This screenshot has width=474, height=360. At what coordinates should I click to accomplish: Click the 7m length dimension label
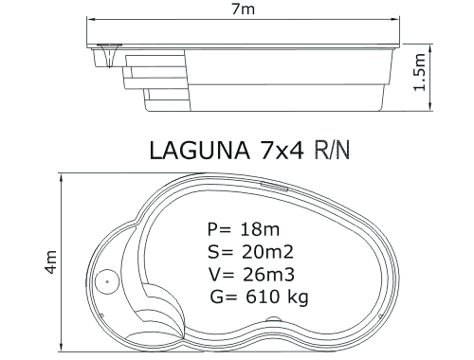(244, 9)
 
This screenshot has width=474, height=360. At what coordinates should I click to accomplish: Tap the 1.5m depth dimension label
(420, 72)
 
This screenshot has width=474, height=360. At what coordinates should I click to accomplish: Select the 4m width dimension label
(50, 261)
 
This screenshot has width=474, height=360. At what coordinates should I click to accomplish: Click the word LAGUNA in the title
(199, 151)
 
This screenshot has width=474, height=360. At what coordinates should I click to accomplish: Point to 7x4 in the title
(282, 151)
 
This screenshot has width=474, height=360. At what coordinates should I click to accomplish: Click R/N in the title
(332, 151)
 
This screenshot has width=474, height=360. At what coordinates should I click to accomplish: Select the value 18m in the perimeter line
(260, 229)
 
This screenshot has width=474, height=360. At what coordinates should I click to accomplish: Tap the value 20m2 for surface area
(267, 252)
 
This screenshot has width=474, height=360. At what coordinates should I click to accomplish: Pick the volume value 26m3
(268, 275)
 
